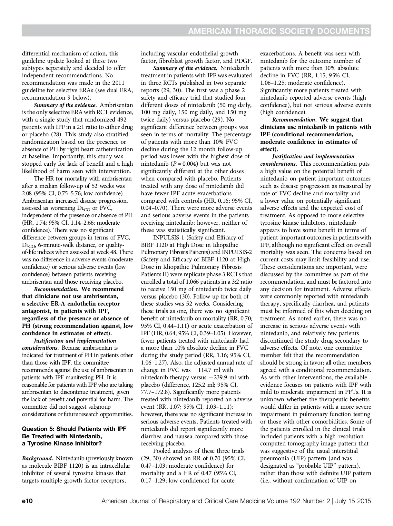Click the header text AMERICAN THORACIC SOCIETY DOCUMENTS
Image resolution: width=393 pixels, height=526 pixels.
(x=279, y=31)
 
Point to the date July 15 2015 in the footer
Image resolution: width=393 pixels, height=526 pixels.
(x=353, y=501)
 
